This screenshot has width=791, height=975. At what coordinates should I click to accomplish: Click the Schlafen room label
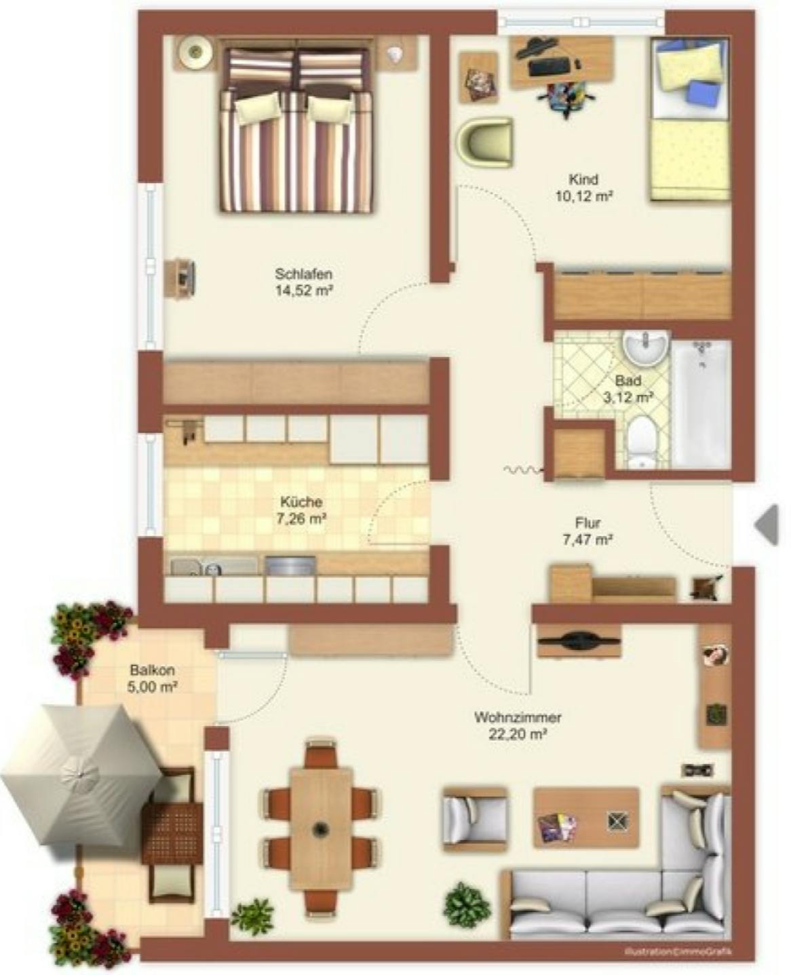pos(303,274)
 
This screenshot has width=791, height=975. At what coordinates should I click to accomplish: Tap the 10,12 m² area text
pos(583,197)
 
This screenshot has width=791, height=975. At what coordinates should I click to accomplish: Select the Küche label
pos(301,502)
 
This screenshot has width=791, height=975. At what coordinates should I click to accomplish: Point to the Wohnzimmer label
pos(518,717)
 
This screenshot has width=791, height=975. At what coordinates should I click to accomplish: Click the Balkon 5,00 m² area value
pos(152,687)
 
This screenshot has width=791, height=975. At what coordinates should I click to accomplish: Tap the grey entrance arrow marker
pos(767,524)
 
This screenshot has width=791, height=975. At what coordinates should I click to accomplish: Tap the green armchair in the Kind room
pos(484,142)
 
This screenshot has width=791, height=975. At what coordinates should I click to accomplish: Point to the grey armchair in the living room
pos(474,818)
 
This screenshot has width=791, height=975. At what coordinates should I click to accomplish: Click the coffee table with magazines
pos(586,817)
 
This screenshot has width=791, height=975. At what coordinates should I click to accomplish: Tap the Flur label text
pos(587,523)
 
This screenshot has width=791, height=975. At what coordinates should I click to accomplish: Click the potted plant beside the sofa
pos(467,904)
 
